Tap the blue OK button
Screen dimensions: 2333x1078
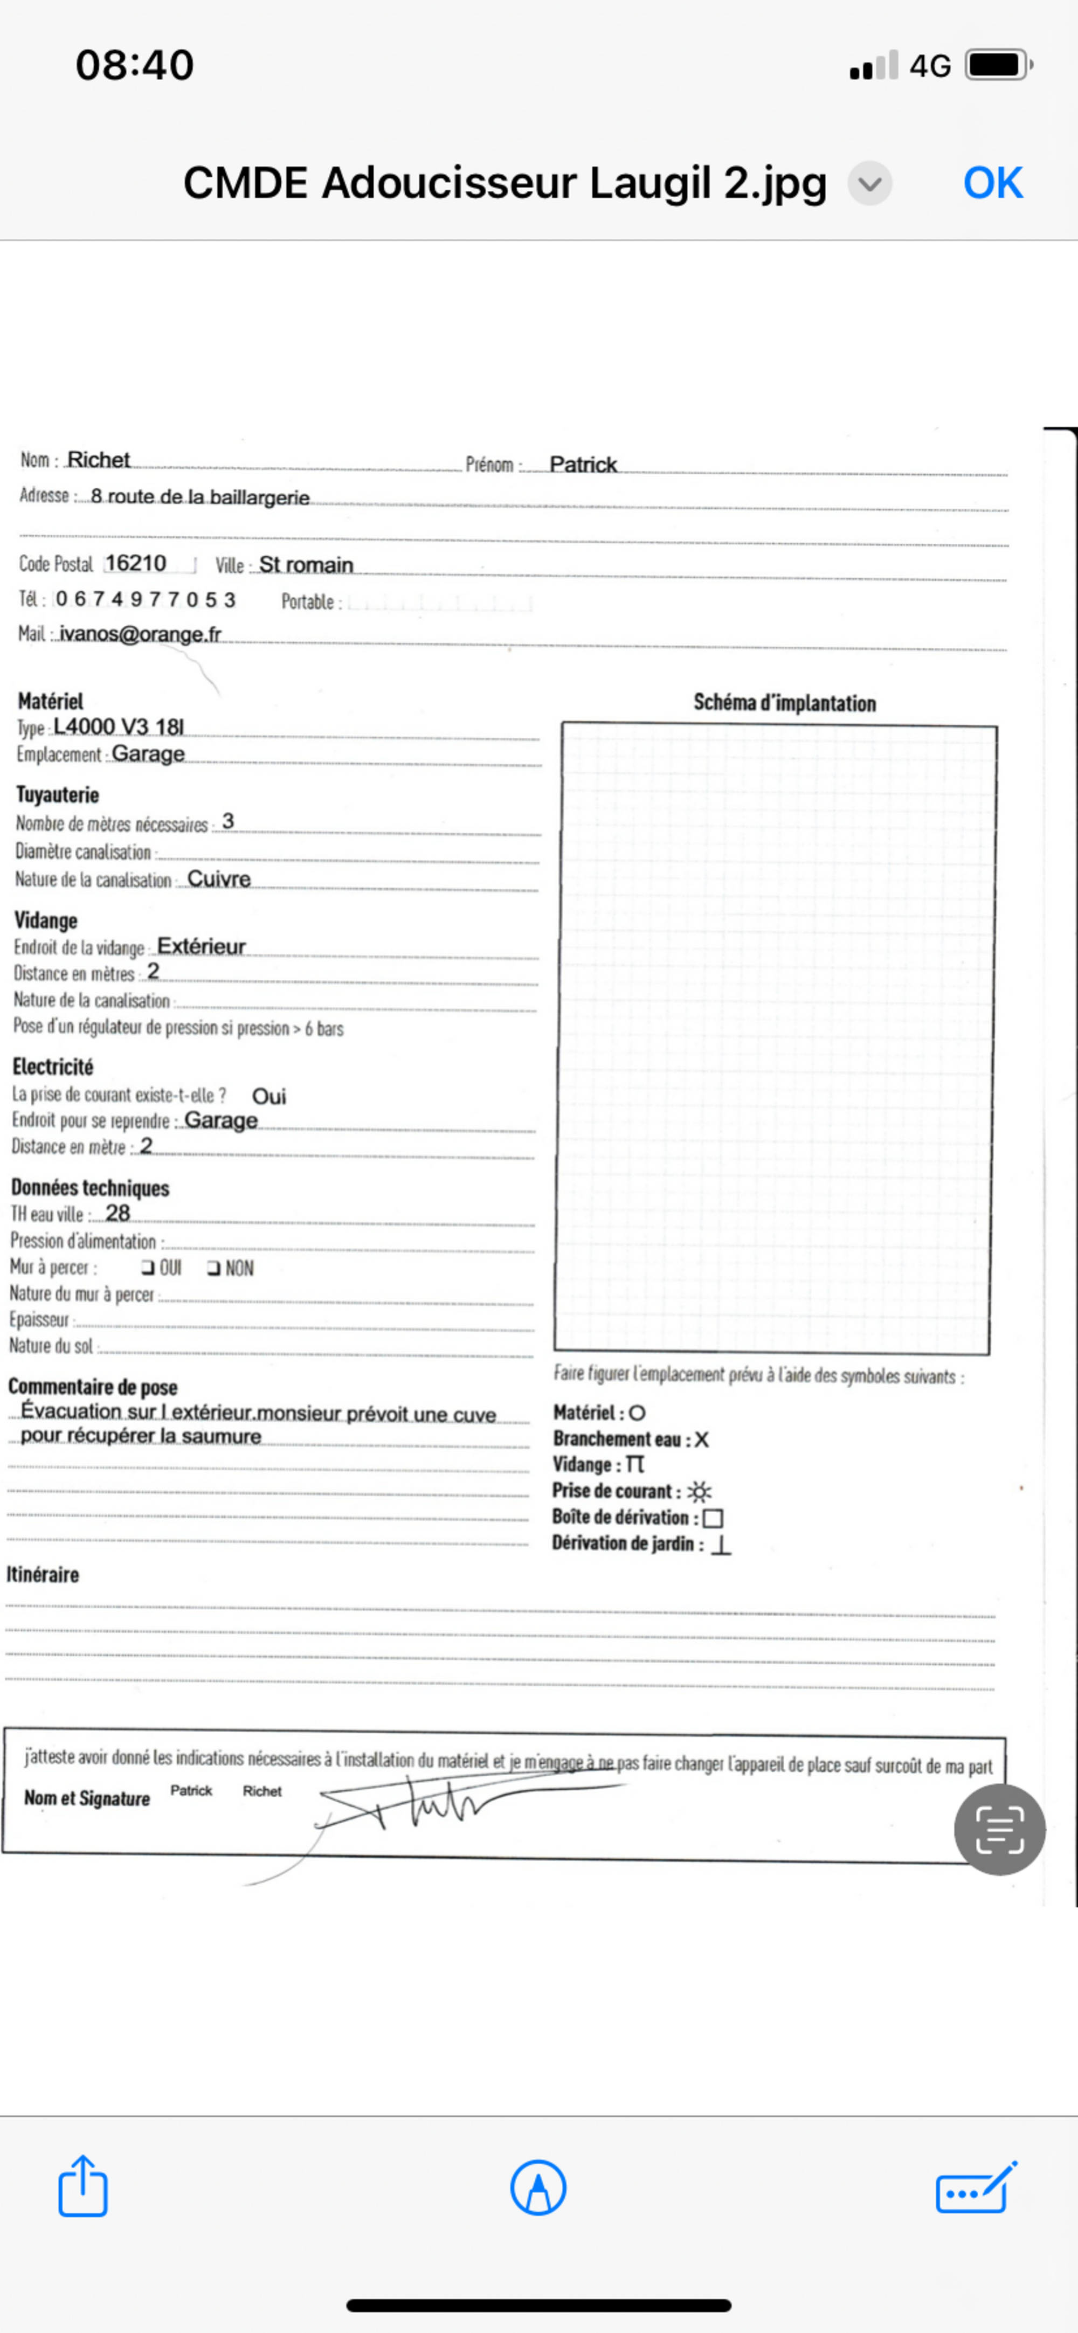(x=993, y=183)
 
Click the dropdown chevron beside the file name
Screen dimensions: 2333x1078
(x=869, y=184)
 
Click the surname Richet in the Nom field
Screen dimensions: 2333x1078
(x=99, y=460)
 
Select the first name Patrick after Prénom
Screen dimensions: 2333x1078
(x=583, y=465)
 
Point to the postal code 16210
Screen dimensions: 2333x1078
(x=136, y=563)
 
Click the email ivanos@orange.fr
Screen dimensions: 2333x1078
(x=141, y=634)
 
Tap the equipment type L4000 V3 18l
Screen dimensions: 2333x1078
(x=119, y=726)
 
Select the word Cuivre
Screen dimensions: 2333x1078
(x=218, y=878)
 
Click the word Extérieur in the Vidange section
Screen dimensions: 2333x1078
(x=201, y=946)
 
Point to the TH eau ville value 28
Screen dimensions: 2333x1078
(x=118, y=1213)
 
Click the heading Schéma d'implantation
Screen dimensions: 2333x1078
(x=784, y=703)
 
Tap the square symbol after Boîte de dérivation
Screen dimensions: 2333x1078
(x=713, y=1518)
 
